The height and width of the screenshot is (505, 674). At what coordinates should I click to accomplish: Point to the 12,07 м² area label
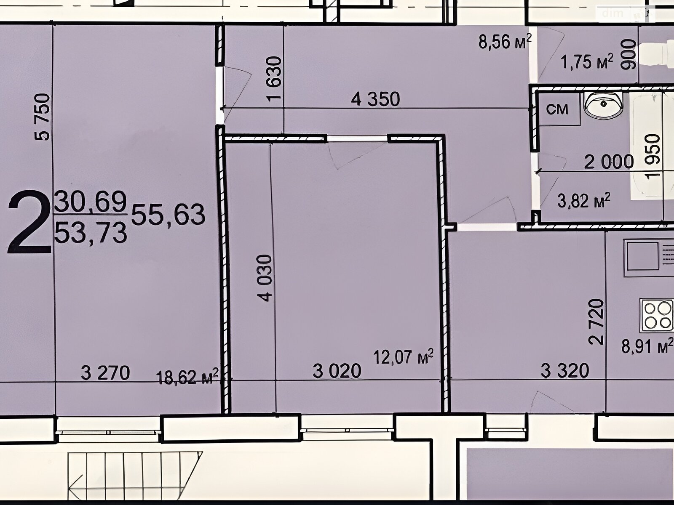tap(404, 356)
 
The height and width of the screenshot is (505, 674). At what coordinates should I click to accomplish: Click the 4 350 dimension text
tap(375, 99)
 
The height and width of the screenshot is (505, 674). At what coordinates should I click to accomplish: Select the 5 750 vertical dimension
tap(43, 117)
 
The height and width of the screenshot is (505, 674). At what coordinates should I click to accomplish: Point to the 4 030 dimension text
tap(265, 278)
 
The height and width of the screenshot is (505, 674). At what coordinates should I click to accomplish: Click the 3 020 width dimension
tap(337, 371)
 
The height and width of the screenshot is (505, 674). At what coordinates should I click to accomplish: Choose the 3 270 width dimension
tap(105, 373)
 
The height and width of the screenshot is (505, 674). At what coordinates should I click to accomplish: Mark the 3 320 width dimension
tap(565, 371)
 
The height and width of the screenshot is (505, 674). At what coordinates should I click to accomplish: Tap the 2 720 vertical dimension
tap(596, 322)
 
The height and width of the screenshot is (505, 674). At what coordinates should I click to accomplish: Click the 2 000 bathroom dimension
tap(609, 162)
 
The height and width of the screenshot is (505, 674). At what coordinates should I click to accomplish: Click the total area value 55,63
tap(168, 214)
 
